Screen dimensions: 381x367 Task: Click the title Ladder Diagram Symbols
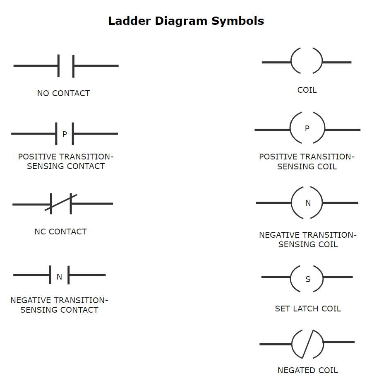tap(186, 21)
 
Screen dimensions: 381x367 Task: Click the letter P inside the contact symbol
tap(65, 134)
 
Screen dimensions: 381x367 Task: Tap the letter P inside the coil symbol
tap(307, 129)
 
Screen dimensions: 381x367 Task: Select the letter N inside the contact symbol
tap(59, 277)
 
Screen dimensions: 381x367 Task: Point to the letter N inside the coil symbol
tap(308, 203)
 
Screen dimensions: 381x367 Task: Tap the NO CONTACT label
tap(63, 94)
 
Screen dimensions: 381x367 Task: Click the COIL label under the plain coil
tap(307, 90)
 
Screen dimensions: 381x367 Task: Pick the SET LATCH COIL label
tap(308, 309)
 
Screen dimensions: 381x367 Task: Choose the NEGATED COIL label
tap(308, 370)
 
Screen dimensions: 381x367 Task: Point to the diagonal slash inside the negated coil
tap(308, 344)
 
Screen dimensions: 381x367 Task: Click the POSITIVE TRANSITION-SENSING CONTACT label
tap(65, 162)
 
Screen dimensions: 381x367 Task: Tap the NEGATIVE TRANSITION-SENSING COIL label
tap(308, 240)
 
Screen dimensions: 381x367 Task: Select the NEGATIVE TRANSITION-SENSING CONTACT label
tap(59, 305)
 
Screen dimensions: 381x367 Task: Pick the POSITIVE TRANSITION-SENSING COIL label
tap(307, 162)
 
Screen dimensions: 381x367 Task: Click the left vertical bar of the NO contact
tap(59, 66)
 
